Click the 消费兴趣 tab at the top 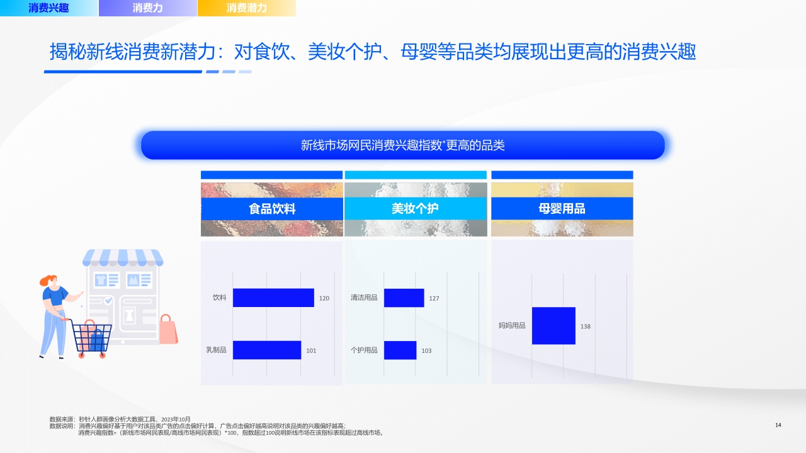tap(48, 8)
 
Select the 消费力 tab tap(147, 8)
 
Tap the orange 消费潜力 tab tap(246, 8)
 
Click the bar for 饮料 tap(273, 298)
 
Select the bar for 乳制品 tap(267, 350)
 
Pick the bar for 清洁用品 tap(404, 298)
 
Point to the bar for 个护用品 tap(400, 350)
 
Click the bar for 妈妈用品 tap(553, 325)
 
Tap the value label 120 tap(324, 298)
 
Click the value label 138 tap(586, 327)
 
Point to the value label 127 tap(434, 298)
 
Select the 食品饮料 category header tap(272, 209)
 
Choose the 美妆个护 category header tap(416, 209)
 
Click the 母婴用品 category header tap(562, 209)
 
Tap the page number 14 tap(778, 425)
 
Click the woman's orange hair tap(48, 280)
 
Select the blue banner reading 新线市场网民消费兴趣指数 tap(403, 145)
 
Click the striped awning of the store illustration tap(123, 257)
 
